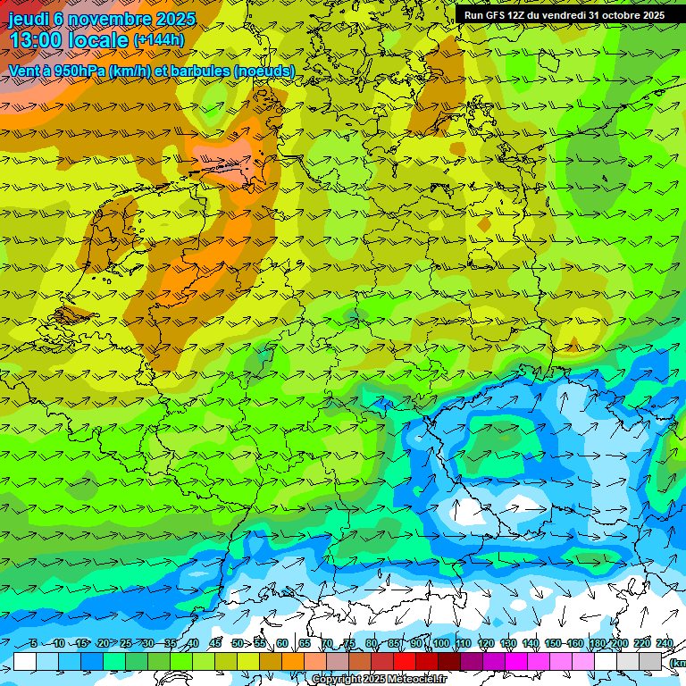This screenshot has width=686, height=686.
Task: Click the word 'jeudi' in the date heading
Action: click(29, 18)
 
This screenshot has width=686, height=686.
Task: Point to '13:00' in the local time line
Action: click(37, 40)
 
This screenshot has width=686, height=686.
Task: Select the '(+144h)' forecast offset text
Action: click(159, 40)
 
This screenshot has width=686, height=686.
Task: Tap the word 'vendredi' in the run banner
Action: click(558, 15)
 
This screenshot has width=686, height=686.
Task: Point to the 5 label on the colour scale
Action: click(33, 644)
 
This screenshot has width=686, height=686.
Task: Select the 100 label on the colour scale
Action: click(440, 644)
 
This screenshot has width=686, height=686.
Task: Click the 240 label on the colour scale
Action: click(664, 644)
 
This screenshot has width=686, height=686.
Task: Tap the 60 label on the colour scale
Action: click(281, 644)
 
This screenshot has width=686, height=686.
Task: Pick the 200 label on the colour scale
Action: click(619, 644)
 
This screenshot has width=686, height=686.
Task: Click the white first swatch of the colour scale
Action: click(25, 661)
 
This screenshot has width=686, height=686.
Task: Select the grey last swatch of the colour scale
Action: click(650, 661)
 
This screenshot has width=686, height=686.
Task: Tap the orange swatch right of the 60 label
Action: click(293, 661)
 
